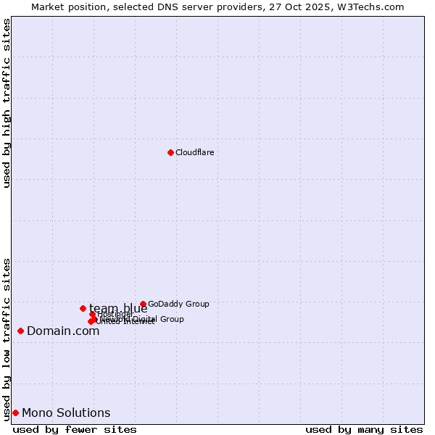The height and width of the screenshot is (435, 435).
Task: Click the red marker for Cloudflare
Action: tap(170, 152)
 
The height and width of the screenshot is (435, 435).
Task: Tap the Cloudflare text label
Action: tap(194, 152)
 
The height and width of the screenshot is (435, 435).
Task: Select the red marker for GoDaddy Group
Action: tap(143, 304)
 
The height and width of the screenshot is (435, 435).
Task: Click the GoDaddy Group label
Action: tap(178, 304)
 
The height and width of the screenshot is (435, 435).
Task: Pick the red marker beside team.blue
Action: tap(83, 308)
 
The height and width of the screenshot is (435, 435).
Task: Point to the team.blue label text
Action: tap(118, 308)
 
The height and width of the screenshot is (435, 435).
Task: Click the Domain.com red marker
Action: tap(20, 331)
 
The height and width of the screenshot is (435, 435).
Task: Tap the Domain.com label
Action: tap(63, 331)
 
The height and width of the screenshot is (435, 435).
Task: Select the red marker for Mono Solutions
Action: tap(15, 413)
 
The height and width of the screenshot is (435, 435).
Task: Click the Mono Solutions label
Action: tap(66, 413)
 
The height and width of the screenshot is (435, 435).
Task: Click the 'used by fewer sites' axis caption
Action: tap(75, 429)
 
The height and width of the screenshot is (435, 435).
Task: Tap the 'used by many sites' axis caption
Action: tap(364, 429)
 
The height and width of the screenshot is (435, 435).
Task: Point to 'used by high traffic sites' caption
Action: tap(7, 103)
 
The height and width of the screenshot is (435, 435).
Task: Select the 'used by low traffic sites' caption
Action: tap(7, 339)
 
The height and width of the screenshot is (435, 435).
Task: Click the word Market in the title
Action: tap(49, 7)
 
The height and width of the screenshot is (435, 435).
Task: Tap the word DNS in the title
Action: tap(169, 7)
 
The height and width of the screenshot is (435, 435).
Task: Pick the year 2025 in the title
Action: tap(320, 7)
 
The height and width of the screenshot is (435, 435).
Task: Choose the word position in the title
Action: tap(89, 7)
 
